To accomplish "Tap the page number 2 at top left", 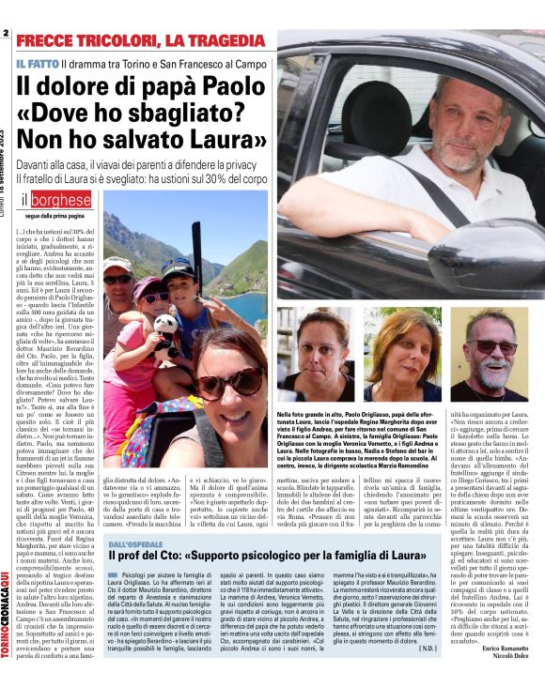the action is (6, 34).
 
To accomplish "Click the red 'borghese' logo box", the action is (61, 200).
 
